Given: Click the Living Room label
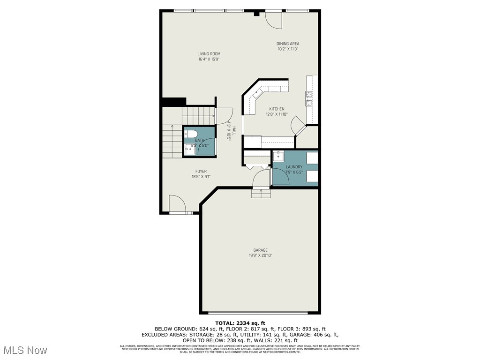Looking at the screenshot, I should click(x=209, y=54).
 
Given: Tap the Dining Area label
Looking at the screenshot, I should click(x=288, y=44).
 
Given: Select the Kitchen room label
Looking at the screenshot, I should click(x=277, y=109).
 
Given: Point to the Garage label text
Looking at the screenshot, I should click(x=260, y=250).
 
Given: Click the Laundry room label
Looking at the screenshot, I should click(x=294, y=167).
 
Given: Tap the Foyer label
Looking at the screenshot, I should click(x=201, y=172).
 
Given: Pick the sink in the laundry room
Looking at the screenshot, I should click(x=278, y=156).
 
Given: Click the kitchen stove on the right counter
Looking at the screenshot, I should click(x=309, y=98).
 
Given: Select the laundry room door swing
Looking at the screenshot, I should click(x=280, y=177).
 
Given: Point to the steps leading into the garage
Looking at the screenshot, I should click(x=261, y=193).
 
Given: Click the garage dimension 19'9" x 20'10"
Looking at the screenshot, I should click(x=260, y=255).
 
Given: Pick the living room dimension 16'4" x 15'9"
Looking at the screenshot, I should click(x=209, y=60).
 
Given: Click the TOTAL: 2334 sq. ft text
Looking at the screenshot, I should click(x=240, y=323).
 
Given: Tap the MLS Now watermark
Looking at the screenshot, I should click(x=24, y=350).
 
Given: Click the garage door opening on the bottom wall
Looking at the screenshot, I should click(x=258, y=313).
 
